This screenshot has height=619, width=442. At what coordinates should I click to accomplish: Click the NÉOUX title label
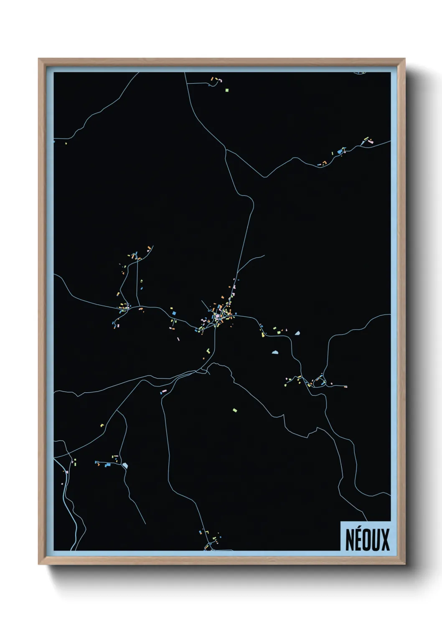(x=367, y=539)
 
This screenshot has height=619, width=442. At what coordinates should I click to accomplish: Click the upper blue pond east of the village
(x=297, y=333)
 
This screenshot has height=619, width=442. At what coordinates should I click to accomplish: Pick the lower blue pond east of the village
(x=275, y=353)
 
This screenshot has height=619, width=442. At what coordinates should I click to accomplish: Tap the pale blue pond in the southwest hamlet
(x=125, y=465)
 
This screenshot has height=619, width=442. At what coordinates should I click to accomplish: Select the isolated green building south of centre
(x=235, y=410)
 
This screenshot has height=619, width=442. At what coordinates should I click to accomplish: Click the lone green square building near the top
(x=227, y=90)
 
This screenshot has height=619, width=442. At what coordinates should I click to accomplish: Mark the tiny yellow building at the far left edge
(x=66, y=143)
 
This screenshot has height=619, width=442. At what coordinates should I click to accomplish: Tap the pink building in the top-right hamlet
(x=370, y=141)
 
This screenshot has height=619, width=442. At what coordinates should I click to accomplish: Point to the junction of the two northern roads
(x=226, y=149)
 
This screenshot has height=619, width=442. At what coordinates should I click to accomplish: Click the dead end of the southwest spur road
(x=145, y=524)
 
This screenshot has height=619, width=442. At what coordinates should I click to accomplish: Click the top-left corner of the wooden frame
(x=39, y=59)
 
